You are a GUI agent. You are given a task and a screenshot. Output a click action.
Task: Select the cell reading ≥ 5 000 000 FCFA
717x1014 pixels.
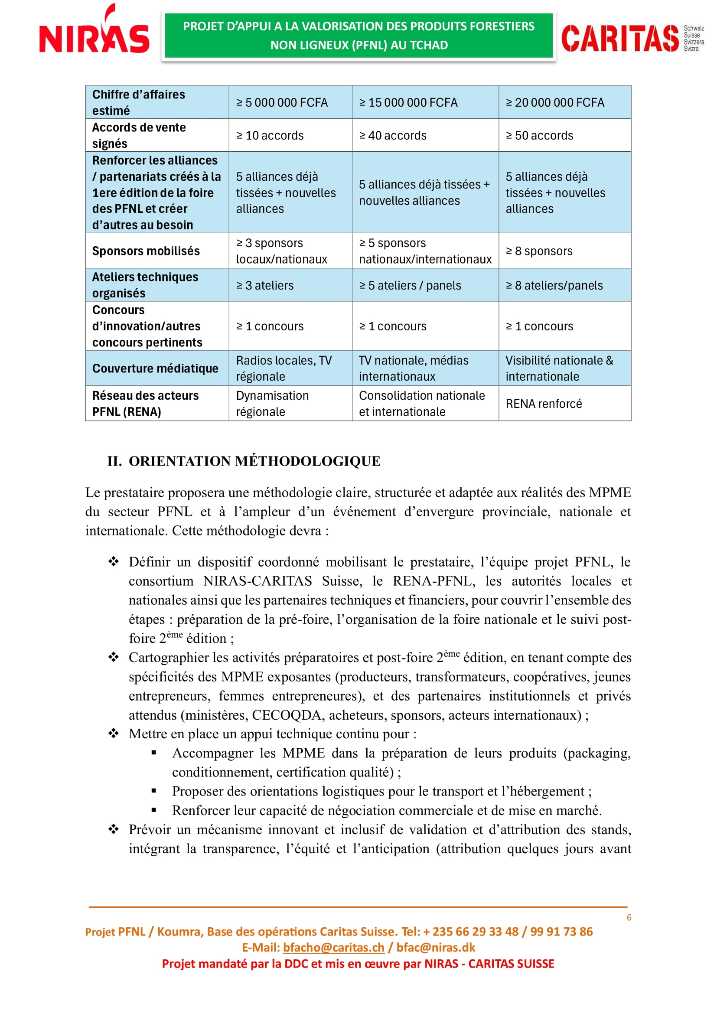click(x=282, y=102)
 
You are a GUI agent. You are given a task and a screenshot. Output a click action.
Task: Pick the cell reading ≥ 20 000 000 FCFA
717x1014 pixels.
click(x=554, y=102)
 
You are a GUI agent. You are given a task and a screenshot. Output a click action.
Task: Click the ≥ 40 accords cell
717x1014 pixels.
click(x=392, y=136)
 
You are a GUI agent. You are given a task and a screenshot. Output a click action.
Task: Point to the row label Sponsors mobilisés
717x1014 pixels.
click(x=146, y=251)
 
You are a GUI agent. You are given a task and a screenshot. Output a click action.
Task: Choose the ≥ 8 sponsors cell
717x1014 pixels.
click(x=539, y=251)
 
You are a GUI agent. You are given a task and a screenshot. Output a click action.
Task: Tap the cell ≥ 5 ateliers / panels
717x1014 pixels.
click(x=410, y=285)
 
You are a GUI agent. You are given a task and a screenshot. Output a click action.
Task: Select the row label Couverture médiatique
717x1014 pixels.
click(x=155, y=368)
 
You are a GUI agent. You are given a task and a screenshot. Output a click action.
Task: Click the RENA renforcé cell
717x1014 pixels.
click(x=544, y=404)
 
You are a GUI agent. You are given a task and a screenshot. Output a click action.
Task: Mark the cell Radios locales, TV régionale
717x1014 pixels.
click(x=284, y=368)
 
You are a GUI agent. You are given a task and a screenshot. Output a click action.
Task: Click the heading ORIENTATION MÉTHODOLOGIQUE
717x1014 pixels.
click(x=254, y=461)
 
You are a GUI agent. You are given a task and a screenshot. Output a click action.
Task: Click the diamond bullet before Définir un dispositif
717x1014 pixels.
click(x=114, y=562)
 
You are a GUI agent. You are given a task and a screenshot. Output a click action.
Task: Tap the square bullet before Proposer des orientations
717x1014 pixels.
click(x=153, y=791)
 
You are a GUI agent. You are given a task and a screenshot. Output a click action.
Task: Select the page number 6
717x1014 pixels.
click(x=629, y=918)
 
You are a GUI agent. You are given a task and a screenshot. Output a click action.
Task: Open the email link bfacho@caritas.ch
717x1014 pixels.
click(x=333, y=947)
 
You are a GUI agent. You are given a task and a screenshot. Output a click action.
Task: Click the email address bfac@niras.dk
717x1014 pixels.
click(x=435, y=947)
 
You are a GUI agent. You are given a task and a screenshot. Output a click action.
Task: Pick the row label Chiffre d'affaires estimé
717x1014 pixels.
click(x=138, y=102)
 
